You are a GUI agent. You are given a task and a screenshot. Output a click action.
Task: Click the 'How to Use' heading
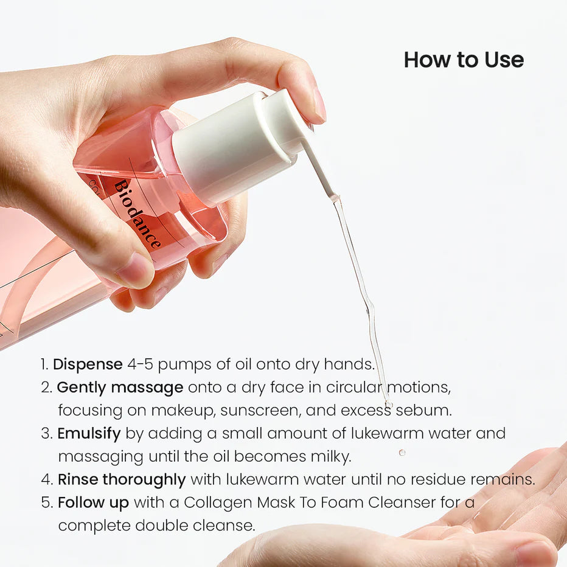464,60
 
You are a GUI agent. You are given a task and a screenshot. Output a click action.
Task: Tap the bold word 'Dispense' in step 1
88,364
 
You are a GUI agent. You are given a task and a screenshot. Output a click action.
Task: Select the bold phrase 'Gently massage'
120,388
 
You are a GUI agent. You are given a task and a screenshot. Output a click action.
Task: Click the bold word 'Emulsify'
89,433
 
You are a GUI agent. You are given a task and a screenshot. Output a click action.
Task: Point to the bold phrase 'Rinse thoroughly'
122,479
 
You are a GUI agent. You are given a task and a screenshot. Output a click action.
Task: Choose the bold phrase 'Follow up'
93,503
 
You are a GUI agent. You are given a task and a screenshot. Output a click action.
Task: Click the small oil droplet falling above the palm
402,453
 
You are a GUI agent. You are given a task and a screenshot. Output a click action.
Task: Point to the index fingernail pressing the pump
319,105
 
